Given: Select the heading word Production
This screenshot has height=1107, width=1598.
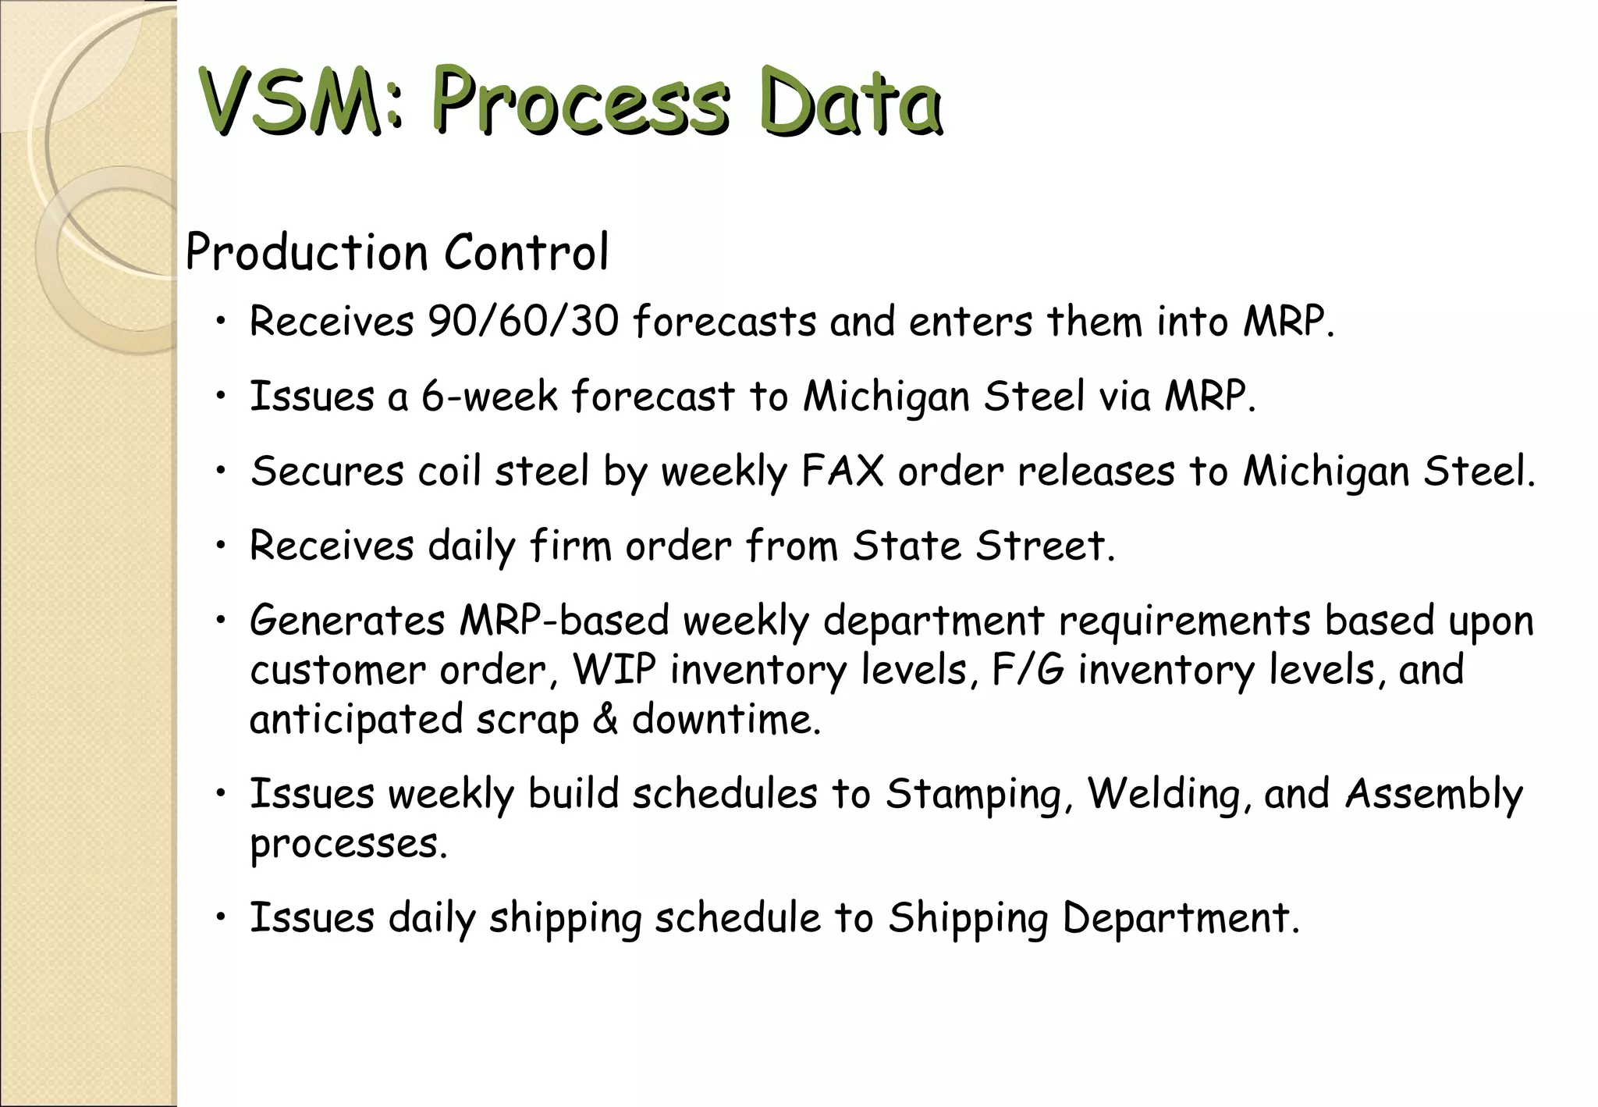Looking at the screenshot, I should tap(307, 253).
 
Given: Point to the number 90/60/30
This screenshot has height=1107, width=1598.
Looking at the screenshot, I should tap(523, 321).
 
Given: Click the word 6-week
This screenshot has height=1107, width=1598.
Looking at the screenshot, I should tap(489, 396).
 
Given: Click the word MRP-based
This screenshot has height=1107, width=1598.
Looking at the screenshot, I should tap(563, 621).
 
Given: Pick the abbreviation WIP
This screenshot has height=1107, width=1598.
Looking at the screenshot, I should tap(614, 670).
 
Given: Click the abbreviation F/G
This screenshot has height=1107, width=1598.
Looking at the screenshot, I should tap(1028, 670).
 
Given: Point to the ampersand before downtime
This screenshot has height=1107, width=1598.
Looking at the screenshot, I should tap(605, 719).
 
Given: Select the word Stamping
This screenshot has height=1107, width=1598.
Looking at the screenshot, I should tap(974, 794).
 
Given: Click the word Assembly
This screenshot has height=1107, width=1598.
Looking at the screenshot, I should tap(1433, 794).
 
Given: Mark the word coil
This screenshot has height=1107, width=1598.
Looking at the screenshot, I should tap(449, 471).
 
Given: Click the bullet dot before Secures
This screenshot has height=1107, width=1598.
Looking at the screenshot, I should tap(222, 470).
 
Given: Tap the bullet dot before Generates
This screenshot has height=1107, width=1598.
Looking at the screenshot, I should tap(222, 620).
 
